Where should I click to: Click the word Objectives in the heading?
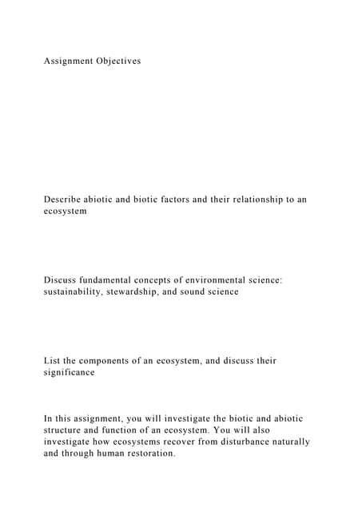[x=117, y=61]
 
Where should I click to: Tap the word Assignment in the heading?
[x=68, y=61]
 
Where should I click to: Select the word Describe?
[x=66, y=200]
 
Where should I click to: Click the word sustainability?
[x=78, y=292]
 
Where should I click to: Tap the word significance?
[x=69, y=373]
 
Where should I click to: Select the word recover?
[x=202, y=442]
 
